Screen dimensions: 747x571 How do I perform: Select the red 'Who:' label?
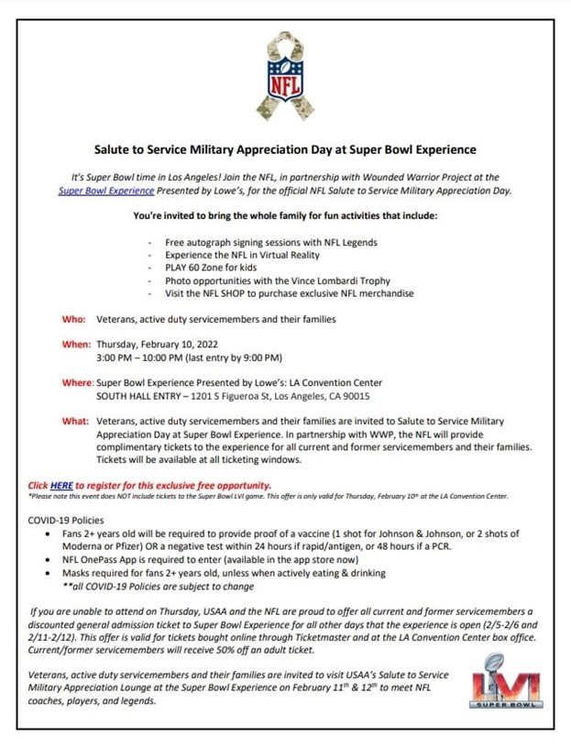(74, 319)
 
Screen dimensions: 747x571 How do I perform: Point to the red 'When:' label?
(76, 344)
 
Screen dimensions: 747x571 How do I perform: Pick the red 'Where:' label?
(78, 382)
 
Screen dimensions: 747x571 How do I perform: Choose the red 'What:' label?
(75, 422)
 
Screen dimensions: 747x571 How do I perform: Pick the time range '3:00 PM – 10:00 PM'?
(147, 357)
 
